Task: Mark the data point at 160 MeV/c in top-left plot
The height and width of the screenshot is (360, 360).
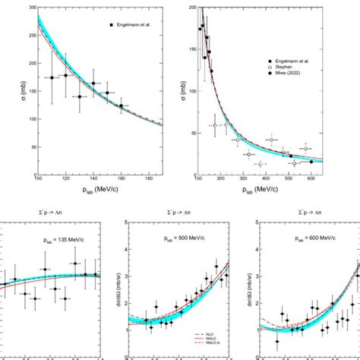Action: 121,106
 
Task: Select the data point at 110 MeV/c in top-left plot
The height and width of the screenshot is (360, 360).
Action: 52,77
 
